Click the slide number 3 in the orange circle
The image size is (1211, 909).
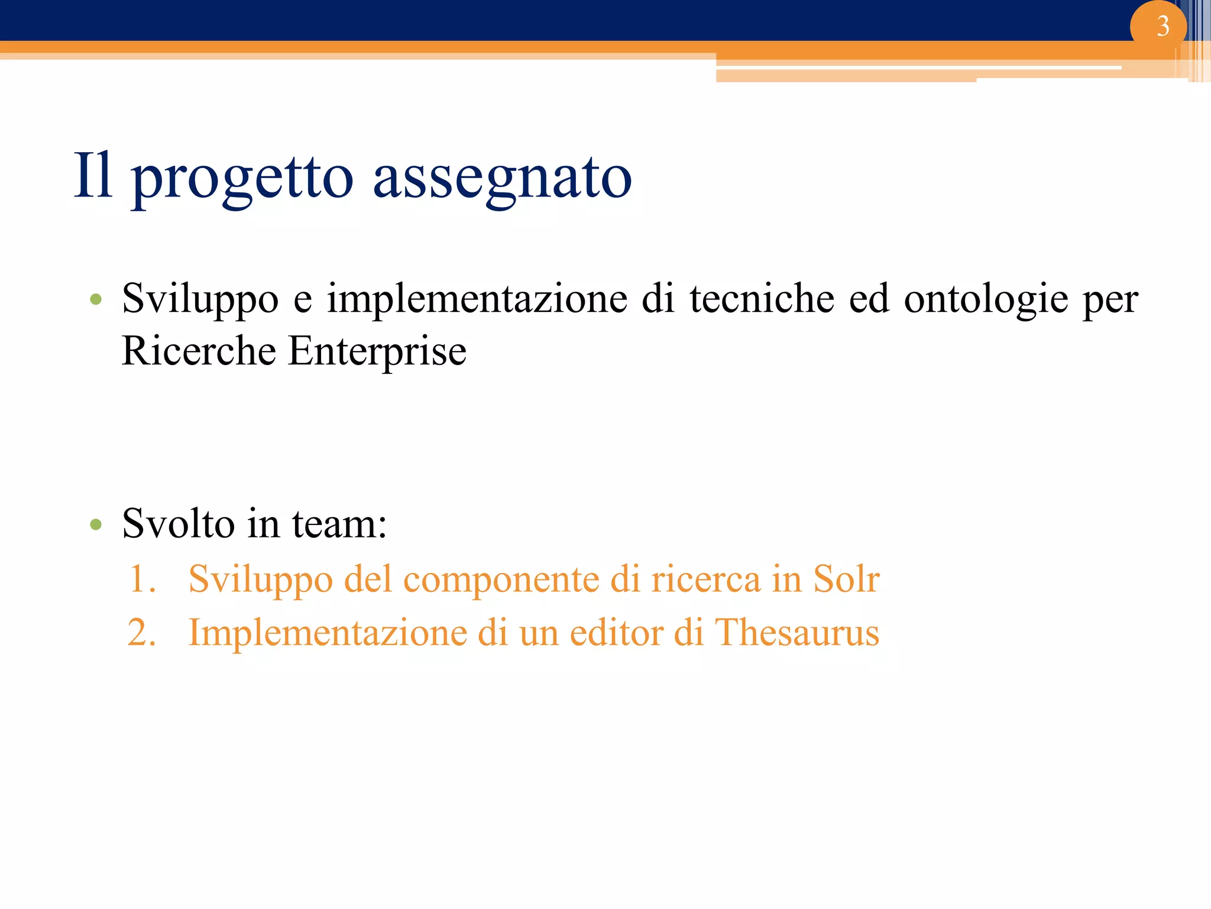click(x=1163, y=26)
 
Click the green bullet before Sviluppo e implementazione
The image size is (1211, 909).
click(x=96, y=299)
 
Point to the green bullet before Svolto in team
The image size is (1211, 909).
click(x=96, y=524)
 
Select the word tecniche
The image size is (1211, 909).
click(x=762, y=298)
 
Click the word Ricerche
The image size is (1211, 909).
click(x=198, y=351)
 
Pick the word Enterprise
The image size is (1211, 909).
click(x=377, y=352)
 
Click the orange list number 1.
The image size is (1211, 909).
click(x=142, y=579)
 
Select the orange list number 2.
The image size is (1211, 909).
click(x=142, y=633)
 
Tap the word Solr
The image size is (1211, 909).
click(x=846, y=578)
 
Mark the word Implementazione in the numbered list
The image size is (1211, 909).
click(x=328, y=632)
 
